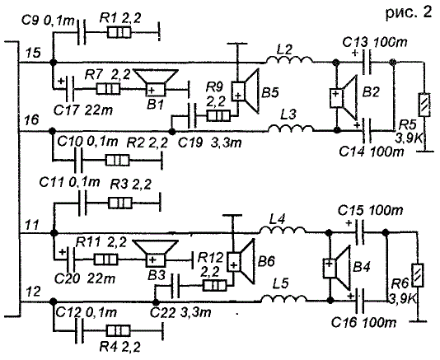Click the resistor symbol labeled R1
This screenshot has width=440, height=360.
[119, 32]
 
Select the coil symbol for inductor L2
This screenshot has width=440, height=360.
[288, 60]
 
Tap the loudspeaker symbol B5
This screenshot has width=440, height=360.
[245, 91]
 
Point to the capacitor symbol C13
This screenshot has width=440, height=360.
[366, 62]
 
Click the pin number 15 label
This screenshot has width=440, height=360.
[33, 53]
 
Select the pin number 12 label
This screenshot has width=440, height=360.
[33, 292]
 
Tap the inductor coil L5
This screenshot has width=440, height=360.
[283, 298]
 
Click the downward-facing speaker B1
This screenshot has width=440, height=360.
[156, 82]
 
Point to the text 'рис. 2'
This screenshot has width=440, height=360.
[409, 12]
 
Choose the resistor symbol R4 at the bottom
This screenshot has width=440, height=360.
[118, 331]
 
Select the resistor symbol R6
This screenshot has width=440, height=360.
[418, 275]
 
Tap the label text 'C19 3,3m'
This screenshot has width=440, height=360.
[210, 143]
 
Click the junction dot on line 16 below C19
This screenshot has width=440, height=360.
[172, 131]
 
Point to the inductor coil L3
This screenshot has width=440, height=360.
[290, 129]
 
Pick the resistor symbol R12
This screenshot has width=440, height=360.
[215, 286]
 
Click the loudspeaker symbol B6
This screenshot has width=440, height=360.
[241, 261]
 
